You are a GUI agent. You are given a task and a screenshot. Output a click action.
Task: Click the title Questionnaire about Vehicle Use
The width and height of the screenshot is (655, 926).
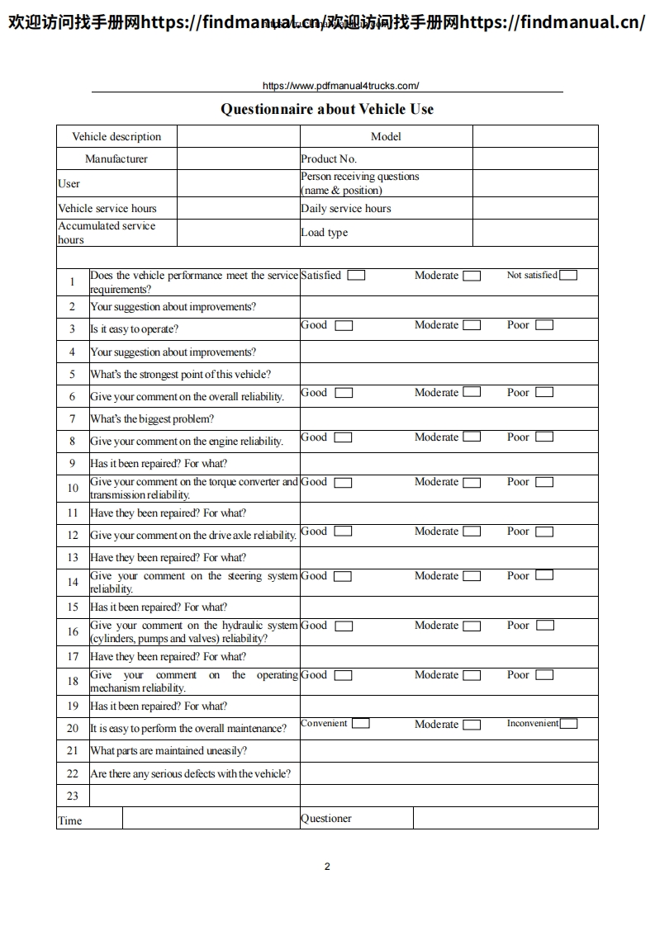tap(327, 109)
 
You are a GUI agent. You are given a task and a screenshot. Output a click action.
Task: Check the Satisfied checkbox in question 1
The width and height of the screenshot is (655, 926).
tap(356, 276)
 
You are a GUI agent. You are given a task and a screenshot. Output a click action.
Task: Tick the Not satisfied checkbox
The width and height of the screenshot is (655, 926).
tap(568, 276)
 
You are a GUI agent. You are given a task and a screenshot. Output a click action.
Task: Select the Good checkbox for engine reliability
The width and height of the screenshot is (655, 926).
tap(344, 437)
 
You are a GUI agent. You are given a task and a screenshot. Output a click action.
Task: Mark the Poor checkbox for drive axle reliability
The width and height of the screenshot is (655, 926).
tap(544, 531)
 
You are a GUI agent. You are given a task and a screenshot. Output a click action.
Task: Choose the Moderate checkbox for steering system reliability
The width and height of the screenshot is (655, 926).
tap(472, 576)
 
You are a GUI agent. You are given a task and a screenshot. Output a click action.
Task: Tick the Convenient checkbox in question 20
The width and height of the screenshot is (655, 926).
tap(360, 724)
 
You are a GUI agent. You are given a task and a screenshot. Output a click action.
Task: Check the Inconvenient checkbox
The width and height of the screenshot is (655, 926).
tap(568, 724)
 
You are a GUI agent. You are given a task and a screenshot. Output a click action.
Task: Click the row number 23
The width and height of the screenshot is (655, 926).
tap(73, 796)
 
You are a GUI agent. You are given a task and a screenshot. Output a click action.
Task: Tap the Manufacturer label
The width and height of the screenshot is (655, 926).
tap(116, 158)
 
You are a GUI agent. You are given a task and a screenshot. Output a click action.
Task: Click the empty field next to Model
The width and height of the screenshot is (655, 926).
tap(535, 136)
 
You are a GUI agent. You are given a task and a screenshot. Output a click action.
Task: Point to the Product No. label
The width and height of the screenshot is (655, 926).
tap(329, 158)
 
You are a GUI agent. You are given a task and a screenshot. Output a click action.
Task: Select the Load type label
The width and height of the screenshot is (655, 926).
tap(325, 233)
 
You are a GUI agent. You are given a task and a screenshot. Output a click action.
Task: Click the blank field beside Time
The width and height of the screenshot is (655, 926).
tap(211, 819)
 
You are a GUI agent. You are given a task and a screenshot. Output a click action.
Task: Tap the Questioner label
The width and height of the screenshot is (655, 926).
tap(326, 819)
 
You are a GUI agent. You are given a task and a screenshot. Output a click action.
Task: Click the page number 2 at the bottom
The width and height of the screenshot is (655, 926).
tap(327, 867)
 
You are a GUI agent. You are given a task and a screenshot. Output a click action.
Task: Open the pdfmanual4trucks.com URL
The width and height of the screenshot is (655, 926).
tap(340, 86)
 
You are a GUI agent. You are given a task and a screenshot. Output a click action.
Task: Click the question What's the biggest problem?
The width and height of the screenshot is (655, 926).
tap(152, 418)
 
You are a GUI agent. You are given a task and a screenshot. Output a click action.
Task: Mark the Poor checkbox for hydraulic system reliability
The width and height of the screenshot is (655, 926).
tap(544, 626)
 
